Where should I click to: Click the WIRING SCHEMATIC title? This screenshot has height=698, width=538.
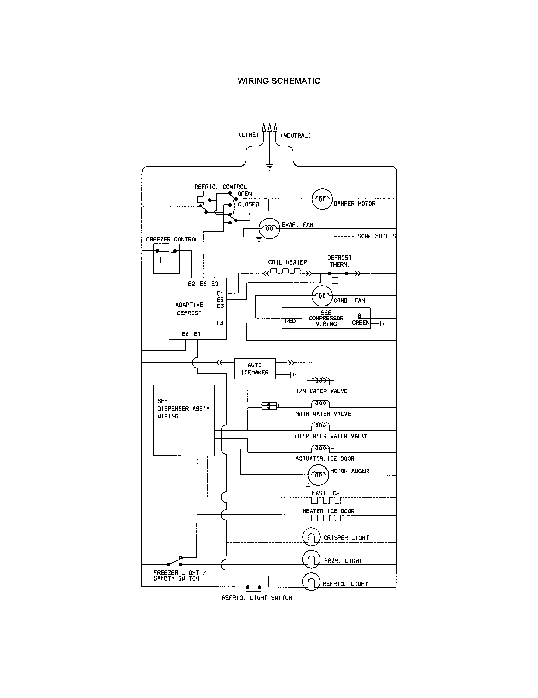(279, 81)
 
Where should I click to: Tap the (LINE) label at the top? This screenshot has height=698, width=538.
(249, 135)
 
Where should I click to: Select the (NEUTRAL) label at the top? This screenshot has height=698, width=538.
(296, 135)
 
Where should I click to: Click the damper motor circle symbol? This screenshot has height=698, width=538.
(322, 199)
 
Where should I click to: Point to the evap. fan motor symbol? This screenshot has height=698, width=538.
(269, 228)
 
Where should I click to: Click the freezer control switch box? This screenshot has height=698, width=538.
(166, 259)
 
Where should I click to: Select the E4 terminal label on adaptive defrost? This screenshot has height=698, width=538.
(220, 323)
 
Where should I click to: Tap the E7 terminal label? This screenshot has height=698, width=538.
(197, 334)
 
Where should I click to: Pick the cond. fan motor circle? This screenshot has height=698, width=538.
(322, 296)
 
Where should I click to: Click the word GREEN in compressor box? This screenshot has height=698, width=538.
(360, 323)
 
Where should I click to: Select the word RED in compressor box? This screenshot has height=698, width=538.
(290, 321)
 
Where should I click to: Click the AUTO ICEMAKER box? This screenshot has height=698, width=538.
(255, 368)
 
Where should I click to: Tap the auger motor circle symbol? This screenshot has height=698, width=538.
(318, 475)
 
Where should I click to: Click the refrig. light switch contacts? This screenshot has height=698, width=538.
(253, 587)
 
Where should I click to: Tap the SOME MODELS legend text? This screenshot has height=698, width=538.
(376, 236)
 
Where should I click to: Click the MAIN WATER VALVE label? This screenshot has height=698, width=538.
(323, 414)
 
